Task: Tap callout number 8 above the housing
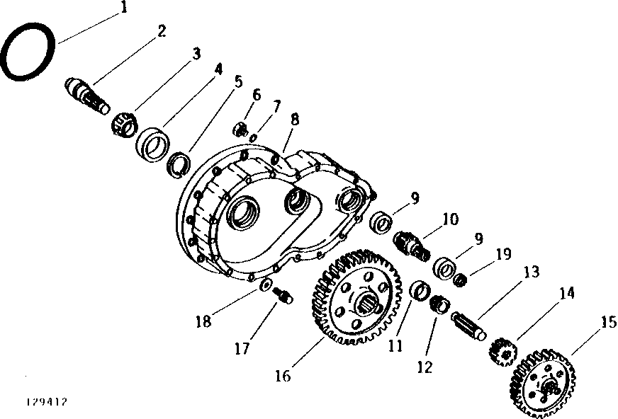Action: [x=294, y=120]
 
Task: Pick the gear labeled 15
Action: [x=541, y=383]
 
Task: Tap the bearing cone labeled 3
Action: [x=123, y=123]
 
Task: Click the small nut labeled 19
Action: [x=461, y=280]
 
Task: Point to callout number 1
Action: [x=125, y=8]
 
